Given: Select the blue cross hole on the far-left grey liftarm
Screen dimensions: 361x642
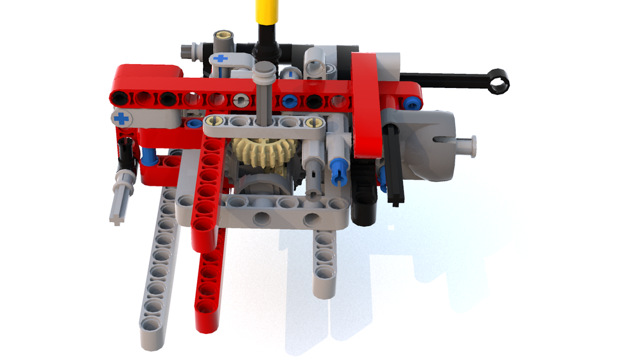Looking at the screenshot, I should click(120, 118).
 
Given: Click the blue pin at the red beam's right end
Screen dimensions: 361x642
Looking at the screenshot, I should click(412, 101).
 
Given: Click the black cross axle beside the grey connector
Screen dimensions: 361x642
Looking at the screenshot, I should click(393, 164).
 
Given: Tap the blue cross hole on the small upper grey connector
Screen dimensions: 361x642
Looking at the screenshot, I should click(220, 58).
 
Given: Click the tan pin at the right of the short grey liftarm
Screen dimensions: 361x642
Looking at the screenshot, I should click(313, 122).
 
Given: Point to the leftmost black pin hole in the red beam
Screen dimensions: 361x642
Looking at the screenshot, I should click(119, 98).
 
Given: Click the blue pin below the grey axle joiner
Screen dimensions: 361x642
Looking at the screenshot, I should click(338, 170).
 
